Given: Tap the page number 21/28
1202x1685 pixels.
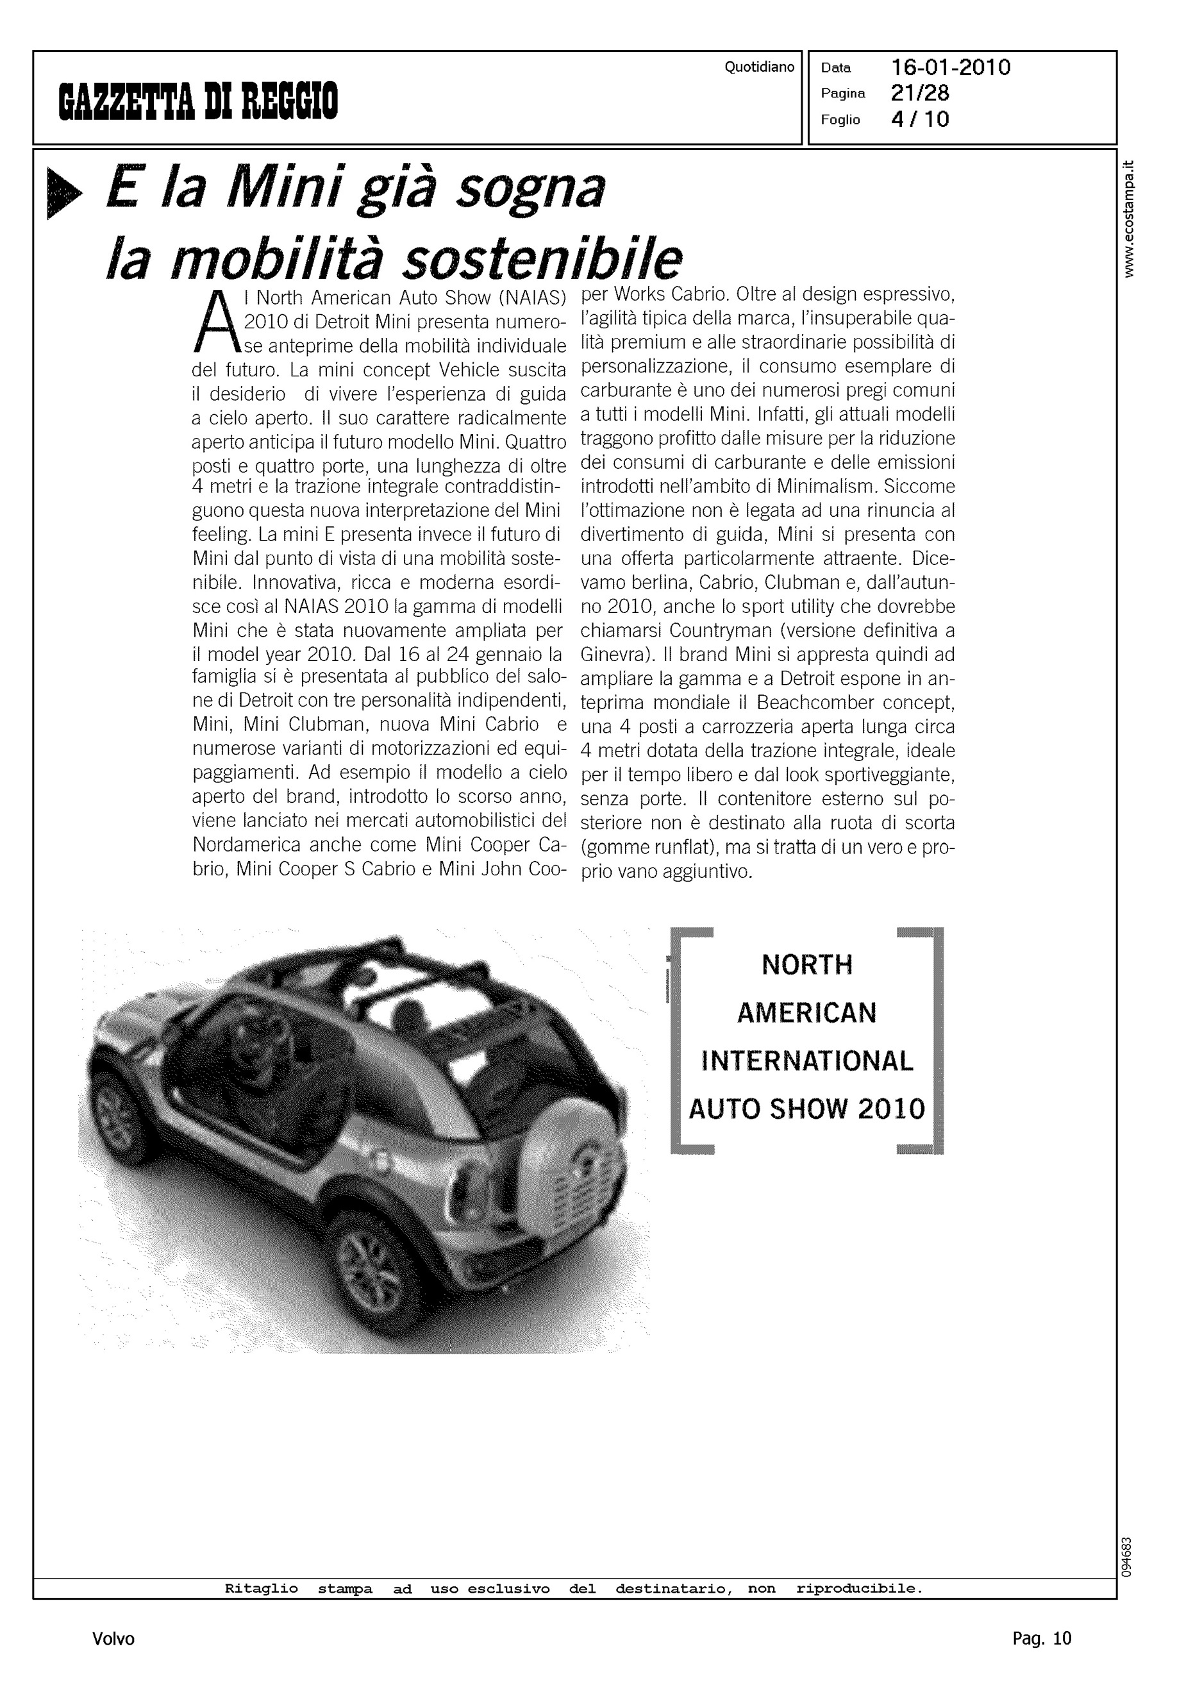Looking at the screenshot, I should (x=920, y=93).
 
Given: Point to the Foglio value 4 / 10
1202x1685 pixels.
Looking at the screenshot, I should (x=919, y=119).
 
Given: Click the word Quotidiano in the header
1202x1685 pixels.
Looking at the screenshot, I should (x=758, y=67).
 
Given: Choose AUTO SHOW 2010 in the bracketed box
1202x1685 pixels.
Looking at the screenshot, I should (x=806, y=1109).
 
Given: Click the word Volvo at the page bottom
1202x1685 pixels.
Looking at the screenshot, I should (x=113, y=1638).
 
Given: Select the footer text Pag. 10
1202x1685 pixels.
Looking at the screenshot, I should (x=1041, y=1638).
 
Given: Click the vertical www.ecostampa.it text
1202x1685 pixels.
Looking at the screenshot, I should (x=1128, y=219).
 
